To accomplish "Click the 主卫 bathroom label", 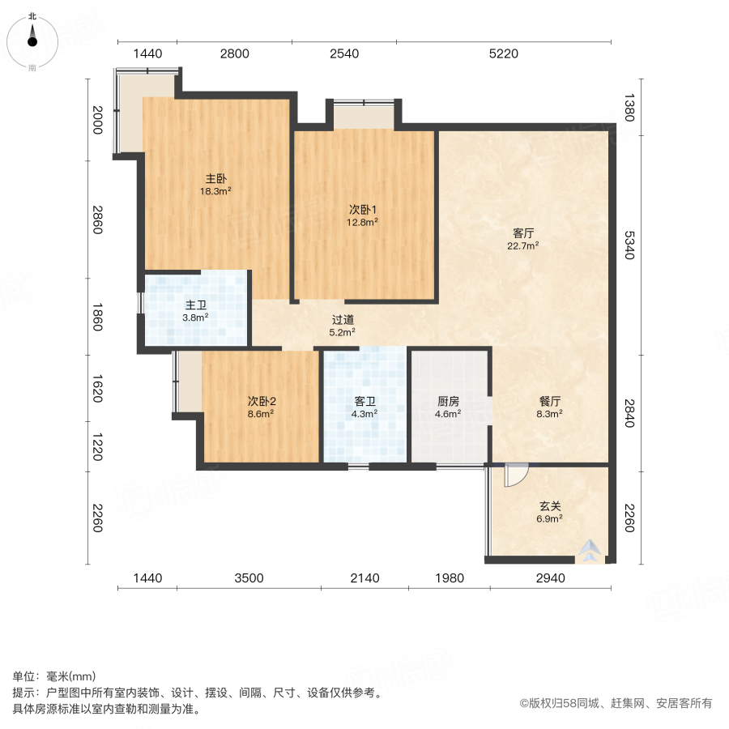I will coord(195,305).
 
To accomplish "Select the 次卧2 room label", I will coord(262,400).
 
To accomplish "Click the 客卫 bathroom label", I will coord(364,400).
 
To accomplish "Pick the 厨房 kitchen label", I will coord(448,400).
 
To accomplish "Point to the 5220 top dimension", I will coord(503,54).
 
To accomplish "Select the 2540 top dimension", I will coord(344,54).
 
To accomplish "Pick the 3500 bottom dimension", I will coord(249,578).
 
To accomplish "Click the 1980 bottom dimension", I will coord(449,578).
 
